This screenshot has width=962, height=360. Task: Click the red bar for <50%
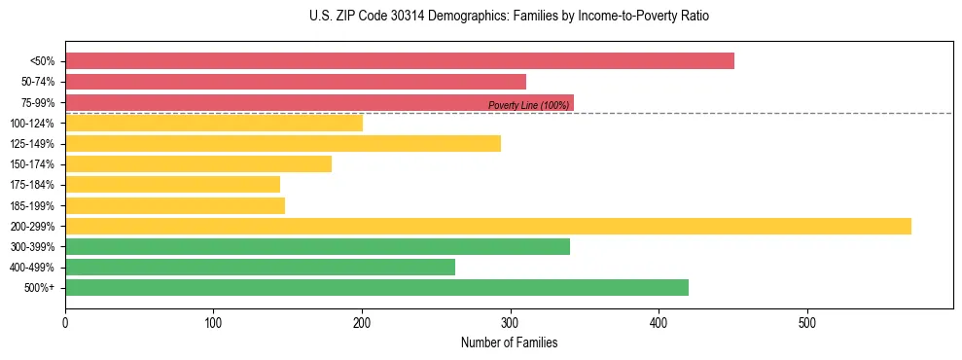tap(399, 60)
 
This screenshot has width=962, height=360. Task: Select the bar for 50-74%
tap(296, 82)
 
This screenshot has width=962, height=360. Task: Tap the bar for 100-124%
tap(214, 123)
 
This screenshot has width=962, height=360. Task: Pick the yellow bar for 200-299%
tap(488, 226)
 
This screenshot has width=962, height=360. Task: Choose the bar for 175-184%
tap(172, 184)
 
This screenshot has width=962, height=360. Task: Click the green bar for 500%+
tap(376, 287)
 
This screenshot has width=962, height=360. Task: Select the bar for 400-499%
tap(260, 267)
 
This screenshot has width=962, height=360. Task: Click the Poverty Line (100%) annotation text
tap(528, 105)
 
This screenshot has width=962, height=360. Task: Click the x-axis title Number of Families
tap(509, 342)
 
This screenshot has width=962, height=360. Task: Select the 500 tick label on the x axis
tap(807, 322)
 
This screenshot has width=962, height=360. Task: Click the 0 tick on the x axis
tap(65, 322)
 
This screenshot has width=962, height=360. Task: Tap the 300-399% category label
tap(34, 246)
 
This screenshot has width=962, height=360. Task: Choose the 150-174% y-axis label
tap(34, 163)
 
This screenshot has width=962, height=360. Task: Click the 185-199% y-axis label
tap(34, 205)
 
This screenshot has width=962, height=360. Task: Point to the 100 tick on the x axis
tap(213, 322)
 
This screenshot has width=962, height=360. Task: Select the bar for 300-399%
tap(317, 246)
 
